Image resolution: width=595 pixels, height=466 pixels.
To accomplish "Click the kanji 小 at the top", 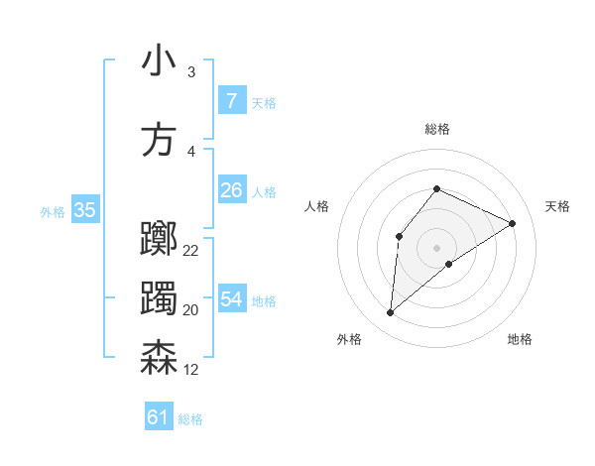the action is (x=159, y=61).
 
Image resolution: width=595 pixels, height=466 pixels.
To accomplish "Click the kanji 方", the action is (x=159, y=140).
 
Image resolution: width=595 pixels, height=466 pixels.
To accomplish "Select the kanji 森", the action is (x=159, y=358).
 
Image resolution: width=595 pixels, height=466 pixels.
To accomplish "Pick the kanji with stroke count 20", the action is (x=159, y=299).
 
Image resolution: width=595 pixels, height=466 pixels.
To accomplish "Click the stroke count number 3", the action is (x=190, y=72).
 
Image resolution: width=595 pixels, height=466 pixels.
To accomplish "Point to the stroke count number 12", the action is (x=191, y=370).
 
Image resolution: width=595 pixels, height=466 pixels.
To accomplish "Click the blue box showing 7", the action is (x=231, y=100).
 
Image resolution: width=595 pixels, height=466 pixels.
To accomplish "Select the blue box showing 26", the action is (x=231, y=189).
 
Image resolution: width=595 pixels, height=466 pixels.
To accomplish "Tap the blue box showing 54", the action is (x=231, y=299).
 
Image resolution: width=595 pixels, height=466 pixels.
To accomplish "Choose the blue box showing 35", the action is (x=85, y=210).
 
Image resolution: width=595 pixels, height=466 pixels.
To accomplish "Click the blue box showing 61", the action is (x=159, y=417).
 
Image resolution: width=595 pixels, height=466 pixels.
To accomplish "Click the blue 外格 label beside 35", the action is (x=53, y=211).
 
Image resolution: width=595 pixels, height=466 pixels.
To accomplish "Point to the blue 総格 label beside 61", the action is (x=190, y=419).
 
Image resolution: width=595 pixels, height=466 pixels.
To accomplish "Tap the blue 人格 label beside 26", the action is (x=264, y=191).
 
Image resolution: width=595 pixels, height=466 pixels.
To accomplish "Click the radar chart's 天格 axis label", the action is (x=558, y=206).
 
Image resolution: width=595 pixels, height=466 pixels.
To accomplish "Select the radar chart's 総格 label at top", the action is (x=437, y=129).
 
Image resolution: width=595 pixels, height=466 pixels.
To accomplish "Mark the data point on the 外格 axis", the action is (x=391, y=313).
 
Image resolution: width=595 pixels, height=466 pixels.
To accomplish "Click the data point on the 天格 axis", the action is (x=513, y=223).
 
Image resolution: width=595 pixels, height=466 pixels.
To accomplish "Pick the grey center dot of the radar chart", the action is (x=436, y=247).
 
